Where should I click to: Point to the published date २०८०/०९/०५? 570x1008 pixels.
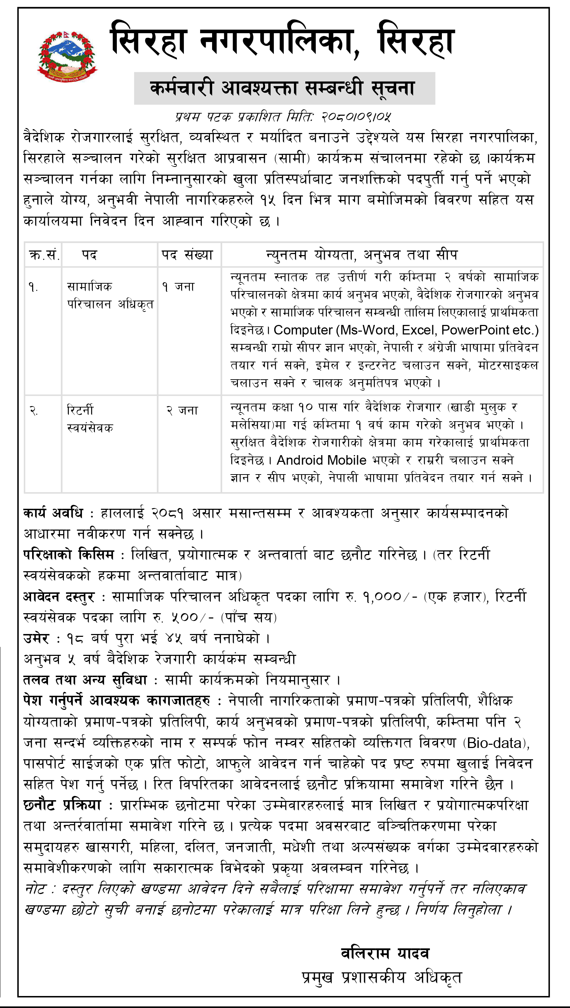[356, 117]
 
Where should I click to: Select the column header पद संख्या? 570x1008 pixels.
[187, 255]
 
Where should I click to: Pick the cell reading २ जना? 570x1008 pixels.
[182, 410]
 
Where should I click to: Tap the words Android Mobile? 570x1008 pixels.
[322, 460]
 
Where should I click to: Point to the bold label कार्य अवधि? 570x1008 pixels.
[53, 513]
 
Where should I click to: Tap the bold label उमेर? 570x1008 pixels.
[36, 639]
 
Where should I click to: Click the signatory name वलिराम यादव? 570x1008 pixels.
[385, 953]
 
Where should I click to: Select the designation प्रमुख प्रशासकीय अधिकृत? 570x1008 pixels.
[382, 977]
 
